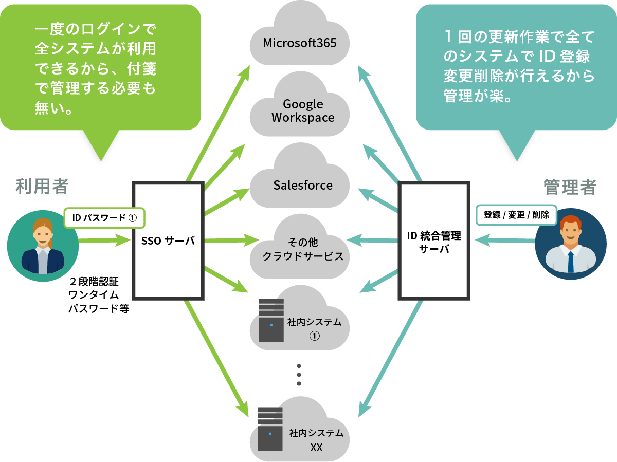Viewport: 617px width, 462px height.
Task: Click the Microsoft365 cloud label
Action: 300,42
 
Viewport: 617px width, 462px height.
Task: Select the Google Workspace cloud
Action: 302,111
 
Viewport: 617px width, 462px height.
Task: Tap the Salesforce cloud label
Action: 302,185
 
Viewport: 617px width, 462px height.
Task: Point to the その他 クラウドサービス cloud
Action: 302,249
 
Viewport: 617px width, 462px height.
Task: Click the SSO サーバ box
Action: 169,240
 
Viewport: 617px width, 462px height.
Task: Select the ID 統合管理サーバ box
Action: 434,241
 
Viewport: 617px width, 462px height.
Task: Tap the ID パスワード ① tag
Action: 104,217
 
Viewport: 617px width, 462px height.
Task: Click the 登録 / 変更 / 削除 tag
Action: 516,215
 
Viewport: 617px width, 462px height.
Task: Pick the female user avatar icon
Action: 43,246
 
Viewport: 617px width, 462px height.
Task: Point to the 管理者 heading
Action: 570,187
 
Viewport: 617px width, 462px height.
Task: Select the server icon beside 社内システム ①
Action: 271,320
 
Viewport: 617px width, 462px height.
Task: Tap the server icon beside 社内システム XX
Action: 270,428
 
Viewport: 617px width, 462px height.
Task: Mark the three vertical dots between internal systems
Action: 299,375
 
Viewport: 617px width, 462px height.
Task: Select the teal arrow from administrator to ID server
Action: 504,240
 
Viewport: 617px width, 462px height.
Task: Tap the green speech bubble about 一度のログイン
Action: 100,67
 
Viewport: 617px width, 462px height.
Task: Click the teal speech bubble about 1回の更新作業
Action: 516,67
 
